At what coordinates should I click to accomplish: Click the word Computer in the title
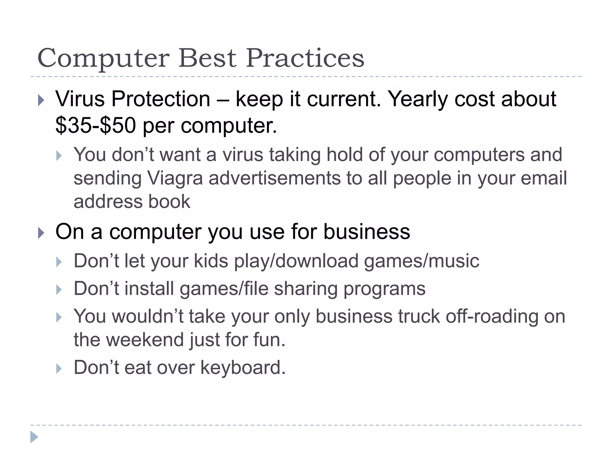103,58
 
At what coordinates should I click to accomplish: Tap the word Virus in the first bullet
80,99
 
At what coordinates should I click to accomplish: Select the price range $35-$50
96,126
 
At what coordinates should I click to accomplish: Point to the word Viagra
175,178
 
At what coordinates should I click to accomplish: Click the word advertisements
275,178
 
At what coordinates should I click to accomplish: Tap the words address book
132,201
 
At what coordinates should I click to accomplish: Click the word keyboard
243,368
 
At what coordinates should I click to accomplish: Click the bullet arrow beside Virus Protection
41,100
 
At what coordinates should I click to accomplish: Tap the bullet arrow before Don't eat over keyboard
59,369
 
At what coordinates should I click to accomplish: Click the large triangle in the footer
34,437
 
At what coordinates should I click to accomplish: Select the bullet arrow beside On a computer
41,233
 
